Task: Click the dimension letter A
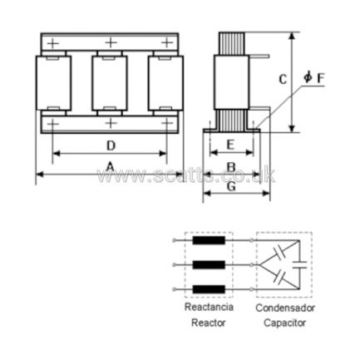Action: pos(111,167)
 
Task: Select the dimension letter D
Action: pos(111,145)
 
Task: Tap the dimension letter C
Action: pos(283,80)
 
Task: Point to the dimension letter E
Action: pos(230,145)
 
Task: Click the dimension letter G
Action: pos(231,186)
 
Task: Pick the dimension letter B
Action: pos(231,167)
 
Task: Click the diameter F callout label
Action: pos(314,77)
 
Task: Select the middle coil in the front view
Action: pos(110,83)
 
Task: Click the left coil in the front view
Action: pos(53,83)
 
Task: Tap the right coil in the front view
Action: pos(165,83)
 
